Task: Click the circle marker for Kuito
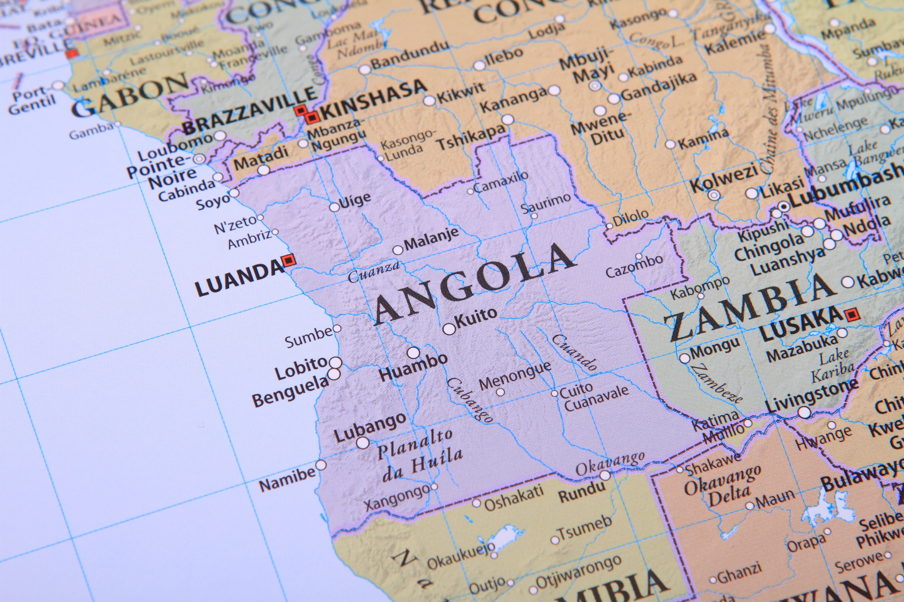point(449,329)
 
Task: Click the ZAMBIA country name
point(749,307)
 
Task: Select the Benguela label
point(290,392)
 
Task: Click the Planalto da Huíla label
point(419,455)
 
